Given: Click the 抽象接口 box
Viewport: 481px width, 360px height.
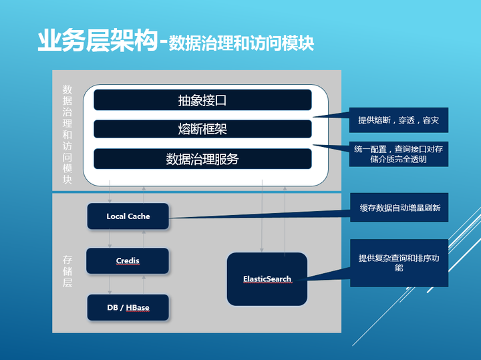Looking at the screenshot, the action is pyautogui.click(x=202, y=100).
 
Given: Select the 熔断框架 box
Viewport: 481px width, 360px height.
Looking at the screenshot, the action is pyautogui.click(x=202, y=129).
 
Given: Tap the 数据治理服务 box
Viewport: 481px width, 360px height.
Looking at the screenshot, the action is pyautogui.click(x=202, y=159).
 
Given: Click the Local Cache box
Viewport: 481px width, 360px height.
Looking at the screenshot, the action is pyautogui.click(x=128, y=216).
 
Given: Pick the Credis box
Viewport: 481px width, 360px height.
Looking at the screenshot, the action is pyautogui.click(x=128, y=260).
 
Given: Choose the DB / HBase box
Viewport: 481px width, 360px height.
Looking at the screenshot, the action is pyautogui.click(x=128, y=307).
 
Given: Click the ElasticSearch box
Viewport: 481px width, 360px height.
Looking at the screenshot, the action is pyautogui.click(x=267, y=279).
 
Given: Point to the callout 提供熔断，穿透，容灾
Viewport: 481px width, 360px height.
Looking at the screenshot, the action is pyautogui.click(x=399, y=120).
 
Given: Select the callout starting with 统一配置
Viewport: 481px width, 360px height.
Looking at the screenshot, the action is pyautogui.click(x=399, y=154).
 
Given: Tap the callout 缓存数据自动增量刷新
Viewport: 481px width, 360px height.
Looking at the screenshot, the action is pyautogui.click(x=399, y=208).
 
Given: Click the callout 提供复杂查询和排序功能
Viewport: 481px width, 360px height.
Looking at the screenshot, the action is pyautogui.click(x=399, y=262).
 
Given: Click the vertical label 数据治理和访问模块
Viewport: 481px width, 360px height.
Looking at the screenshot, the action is pyautogui.click(x=67, y=134).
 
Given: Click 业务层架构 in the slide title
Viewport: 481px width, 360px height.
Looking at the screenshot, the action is pyautogui.click(x=98, y=41).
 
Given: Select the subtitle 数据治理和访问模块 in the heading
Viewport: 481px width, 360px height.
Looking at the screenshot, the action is pyautogui.click(x=240, y=43).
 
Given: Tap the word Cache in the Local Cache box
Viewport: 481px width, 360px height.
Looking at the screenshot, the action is pyautogui.click(x=139, y=216).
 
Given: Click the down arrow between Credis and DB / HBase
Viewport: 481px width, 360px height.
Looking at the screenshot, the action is pyautogui.click(x=110, y=284).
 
